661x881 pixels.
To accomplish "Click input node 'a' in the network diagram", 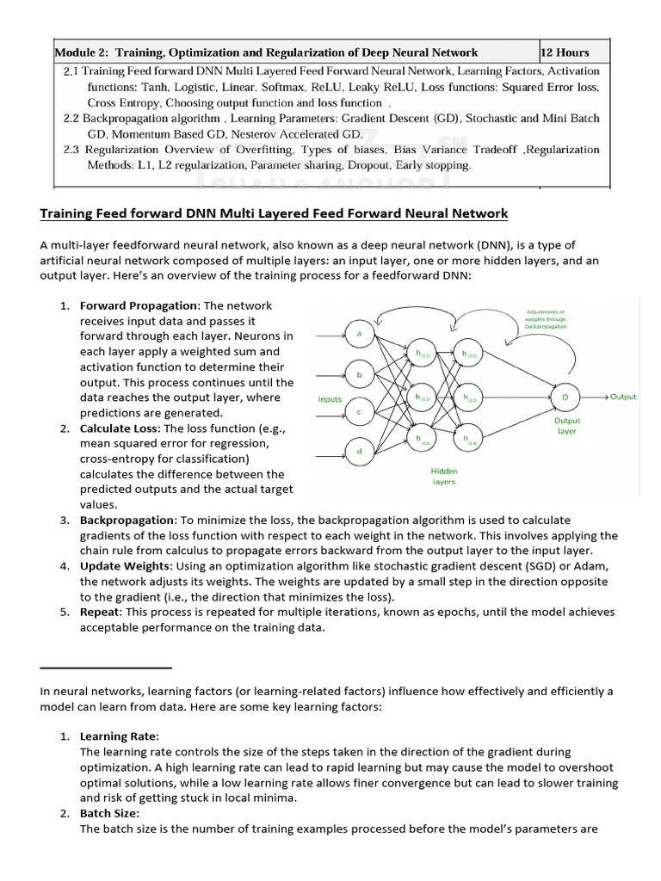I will pyautogui.click(x=358, y=333).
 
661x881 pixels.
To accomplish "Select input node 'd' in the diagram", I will pyautogui.click(x=358, y=450).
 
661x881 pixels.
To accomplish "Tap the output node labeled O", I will pyautogui.click(x=565, y=397).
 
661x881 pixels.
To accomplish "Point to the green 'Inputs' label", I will pyautogui.click(x=330, y=399).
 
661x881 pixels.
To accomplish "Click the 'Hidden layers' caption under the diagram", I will pyautogui.click(x=444, y=477).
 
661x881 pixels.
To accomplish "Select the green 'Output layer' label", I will pyautogui.click(x=567, y=426).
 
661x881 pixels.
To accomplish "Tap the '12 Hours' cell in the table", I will pyautogui.click(x=566, y=52).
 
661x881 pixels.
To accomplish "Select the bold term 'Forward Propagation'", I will pyautogui.click(x=139, y=305).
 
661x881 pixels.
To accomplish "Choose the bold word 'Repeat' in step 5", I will pyautogui.click(x=99, y=612).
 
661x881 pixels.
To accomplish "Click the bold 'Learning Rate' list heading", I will pyautogui.click(x=119, y=736).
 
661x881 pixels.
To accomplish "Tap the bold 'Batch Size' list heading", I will pyautogui.click(x=109, y=814).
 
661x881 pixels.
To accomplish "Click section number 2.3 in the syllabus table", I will pyautogui.click(x=72, y=150).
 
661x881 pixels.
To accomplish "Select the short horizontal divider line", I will pyautogui.click(x=106, y=667).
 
